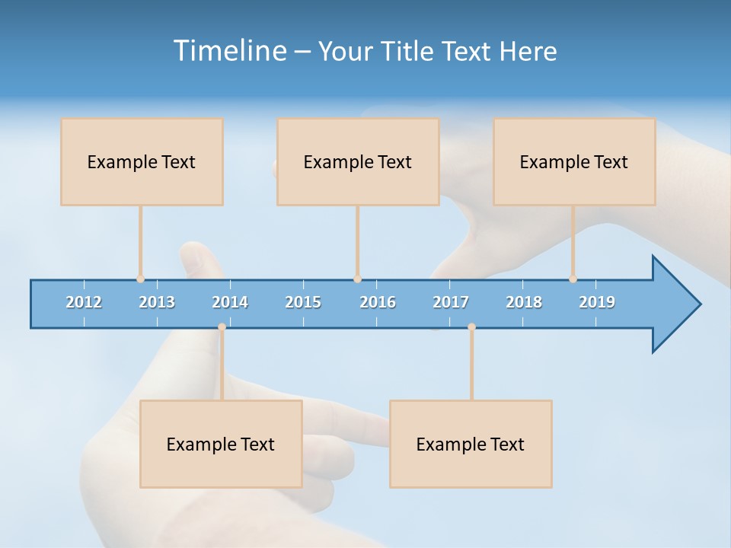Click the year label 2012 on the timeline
point(84,302)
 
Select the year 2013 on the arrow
point(157,302)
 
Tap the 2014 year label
point(230,302)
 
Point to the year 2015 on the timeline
point(303,302)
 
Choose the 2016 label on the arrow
point(378,302)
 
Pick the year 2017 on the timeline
point(451,302)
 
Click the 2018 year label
point(524,302)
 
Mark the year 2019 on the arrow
point(597,302)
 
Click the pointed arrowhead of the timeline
point(678,304)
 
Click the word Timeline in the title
point(228,51)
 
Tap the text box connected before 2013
point(142,161)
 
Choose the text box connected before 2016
point(358,161)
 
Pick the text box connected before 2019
point(574,161)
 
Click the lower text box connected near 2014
point(221,444)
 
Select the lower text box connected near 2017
point(471,444)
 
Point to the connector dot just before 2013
point(140,279)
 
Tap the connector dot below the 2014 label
point(222,327)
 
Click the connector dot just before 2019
point(573,279)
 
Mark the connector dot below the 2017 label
point(471,327)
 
